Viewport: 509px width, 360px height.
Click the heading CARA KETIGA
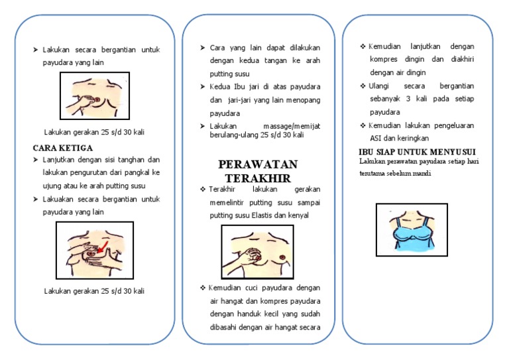(x=63, y=147)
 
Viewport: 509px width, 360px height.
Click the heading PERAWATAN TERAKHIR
(x=258, y=171)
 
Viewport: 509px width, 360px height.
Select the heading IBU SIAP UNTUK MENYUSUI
(x=416, y=152)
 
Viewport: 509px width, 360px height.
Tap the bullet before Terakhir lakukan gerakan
(x=203, y=190)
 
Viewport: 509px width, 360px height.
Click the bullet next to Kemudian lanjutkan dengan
(x=363, y=46)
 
